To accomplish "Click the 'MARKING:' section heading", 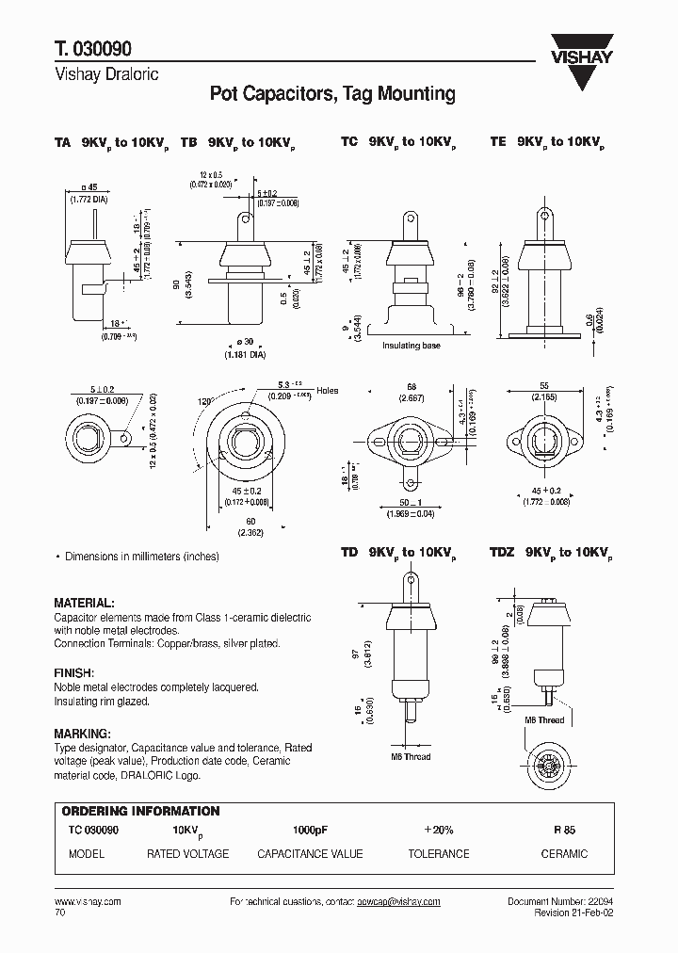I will [x=82, y=734].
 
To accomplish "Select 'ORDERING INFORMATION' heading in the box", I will [x=140, y=811].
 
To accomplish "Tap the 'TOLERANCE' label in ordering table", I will [x=438, y=853].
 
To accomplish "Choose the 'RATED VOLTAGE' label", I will [x=187, y=853].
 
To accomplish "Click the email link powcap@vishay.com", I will [x=398, y=902].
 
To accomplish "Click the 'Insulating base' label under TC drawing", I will [x=411, y=346].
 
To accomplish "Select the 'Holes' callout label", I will [x=327, y=390].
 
